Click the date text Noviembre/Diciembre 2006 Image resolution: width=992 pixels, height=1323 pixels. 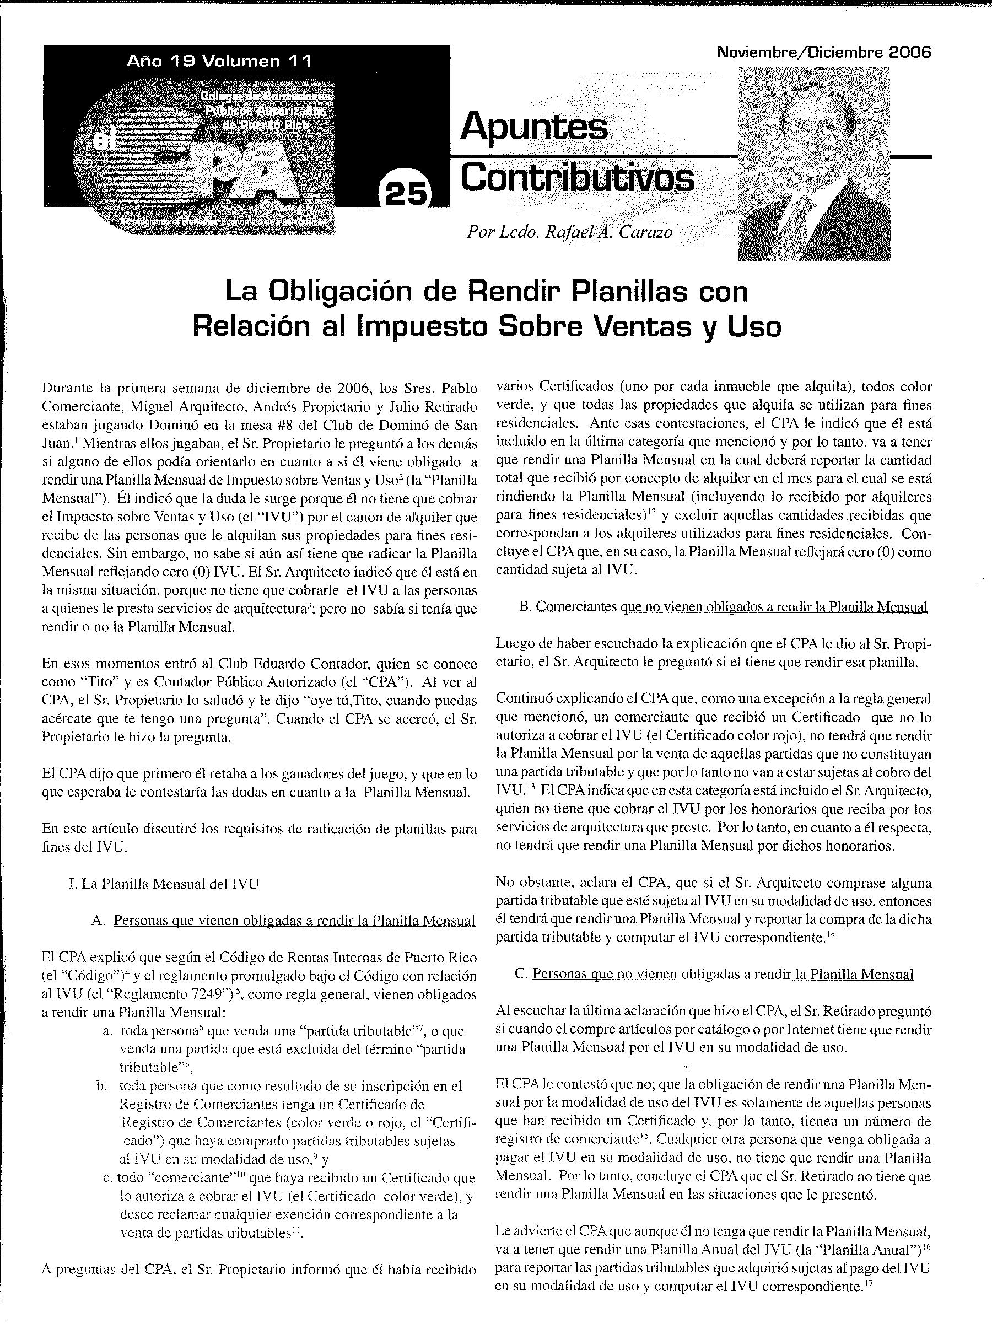coord(823,52)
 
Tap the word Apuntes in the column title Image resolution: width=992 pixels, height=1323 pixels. coord(534,127)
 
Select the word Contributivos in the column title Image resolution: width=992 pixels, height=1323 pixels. coord(578,178)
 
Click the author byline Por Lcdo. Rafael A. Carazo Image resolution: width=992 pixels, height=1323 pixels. coord(569,232)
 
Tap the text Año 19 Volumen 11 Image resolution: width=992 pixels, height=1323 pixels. coord(219,62)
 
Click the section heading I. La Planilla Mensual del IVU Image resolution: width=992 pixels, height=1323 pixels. coord(164,884)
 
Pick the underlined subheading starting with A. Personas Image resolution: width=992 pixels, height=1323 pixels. coord(283,921)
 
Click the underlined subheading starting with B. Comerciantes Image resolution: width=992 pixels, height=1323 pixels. coord(724,606)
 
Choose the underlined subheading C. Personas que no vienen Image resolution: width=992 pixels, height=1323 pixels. coord(714,974)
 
